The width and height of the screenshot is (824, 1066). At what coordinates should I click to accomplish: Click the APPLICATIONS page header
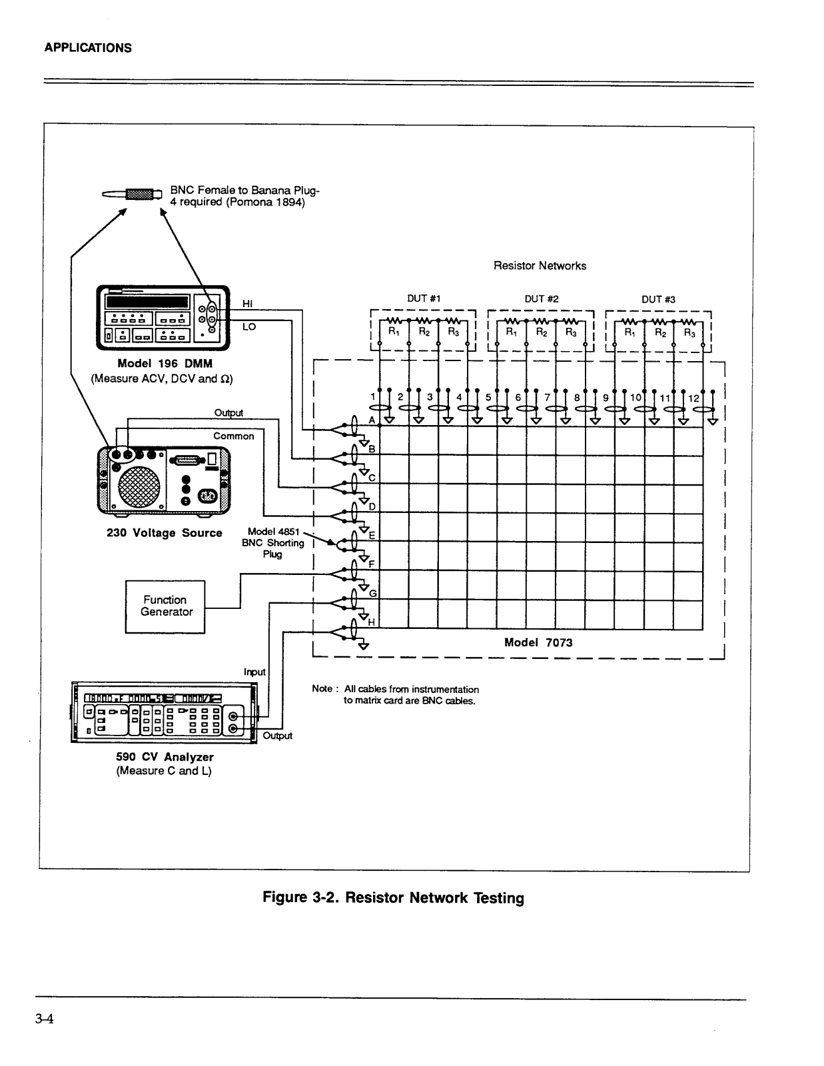click(88, 48)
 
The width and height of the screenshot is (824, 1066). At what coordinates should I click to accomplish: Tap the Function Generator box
click(165, 607)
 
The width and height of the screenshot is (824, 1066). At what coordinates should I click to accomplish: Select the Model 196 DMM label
click(165, 364)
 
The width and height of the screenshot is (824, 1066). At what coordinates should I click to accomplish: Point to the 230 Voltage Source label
click(165, 533)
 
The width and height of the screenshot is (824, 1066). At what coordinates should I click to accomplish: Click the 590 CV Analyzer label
click(165, 756)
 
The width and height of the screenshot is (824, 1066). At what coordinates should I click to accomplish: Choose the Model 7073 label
click(538, 642)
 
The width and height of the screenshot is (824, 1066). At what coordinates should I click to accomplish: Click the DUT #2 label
click(541, 298)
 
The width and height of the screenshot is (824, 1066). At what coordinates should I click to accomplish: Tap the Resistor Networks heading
click(540, 265)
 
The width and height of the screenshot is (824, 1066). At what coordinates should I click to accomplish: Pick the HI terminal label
click(248, 304)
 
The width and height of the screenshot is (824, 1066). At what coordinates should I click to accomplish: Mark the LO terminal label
click(248, 326)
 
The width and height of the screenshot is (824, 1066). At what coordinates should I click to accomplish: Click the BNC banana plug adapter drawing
click(132, 195)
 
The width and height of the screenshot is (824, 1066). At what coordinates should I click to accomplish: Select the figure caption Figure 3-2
click(394, 897)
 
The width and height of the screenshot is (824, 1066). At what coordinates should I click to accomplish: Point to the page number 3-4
click(44, 1019)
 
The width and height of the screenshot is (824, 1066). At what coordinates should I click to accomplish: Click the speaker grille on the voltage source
click(139, 486)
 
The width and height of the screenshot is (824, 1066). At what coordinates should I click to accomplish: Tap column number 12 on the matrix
click(693, 398)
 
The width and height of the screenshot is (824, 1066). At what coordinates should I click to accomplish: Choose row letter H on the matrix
click(371, 622)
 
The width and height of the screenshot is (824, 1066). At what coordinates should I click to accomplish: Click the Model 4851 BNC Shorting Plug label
click(272, 542)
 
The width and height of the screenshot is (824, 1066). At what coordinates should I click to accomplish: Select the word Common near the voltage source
click(233, 436)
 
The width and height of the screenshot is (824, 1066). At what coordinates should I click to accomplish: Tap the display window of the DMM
click(147, 302)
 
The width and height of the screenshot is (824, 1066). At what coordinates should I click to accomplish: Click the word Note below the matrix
click(322, 688)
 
